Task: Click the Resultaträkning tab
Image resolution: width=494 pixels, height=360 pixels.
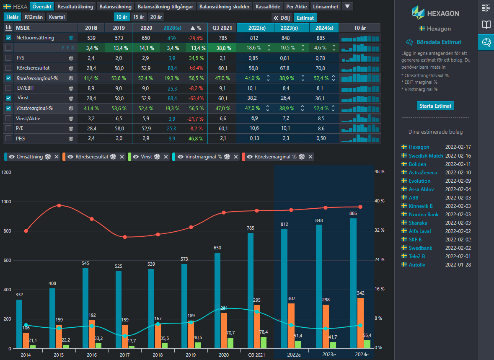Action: (75, 7)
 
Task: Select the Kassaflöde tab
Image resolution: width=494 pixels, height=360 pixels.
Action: (268, 7)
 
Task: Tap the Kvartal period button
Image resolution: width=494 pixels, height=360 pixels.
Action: (57, 17)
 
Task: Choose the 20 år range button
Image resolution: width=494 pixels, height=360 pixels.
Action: (156, 17)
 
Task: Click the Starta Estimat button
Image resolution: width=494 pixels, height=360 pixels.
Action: (435, 106)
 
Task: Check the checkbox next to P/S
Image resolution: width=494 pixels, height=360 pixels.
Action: (8, 58)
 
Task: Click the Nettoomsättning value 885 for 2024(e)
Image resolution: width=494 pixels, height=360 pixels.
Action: (321, 38)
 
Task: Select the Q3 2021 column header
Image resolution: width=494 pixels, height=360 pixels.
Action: (222, 28)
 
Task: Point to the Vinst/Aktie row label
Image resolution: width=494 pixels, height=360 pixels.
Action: (28, 119)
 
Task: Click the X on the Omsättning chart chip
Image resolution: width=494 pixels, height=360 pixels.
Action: (57, 157)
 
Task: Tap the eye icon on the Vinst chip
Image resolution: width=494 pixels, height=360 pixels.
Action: (136, 157)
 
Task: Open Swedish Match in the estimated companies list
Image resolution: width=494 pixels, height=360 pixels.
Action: (426, 156)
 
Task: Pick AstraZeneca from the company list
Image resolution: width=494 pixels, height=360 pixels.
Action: (423, 172)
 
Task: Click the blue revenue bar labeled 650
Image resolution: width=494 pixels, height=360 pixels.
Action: (217, 300)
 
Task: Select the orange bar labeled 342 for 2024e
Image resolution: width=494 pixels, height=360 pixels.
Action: (360, 323)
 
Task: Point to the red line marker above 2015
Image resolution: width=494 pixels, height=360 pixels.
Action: (59, 205)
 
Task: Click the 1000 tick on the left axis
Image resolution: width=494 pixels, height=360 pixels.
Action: (6, 202)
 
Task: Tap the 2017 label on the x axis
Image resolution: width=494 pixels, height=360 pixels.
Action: (125, 355)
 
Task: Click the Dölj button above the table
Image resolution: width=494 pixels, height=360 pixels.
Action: (282, 18)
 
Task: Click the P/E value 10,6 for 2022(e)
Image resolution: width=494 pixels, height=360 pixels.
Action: (254, 128)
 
